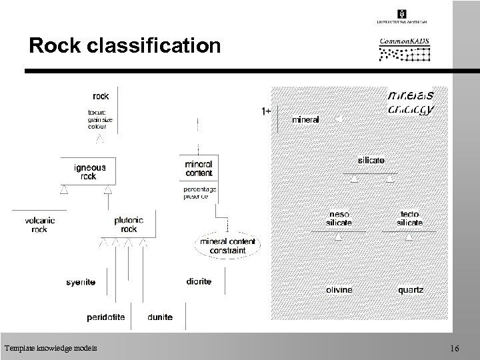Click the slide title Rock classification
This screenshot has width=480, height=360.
(x=124, y=45)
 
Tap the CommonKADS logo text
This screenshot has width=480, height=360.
(x=404, y=41)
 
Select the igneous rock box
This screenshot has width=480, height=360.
(x=89, y=171)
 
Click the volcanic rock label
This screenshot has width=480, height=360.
(x=40, y=225)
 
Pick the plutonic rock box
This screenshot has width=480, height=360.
(x=129, y=225)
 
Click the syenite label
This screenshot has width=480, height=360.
(x=81, y=282)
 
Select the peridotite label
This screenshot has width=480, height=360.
(x=106, y=317)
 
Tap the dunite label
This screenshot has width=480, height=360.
(x=160, y=317)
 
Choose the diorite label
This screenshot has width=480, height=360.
(x=199, y=282)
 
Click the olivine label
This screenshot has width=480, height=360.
(x=339, y=290)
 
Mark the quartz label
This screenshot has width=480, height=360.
(x=410, y=290)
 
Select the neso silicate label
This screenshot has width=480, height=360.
(x=339, y=217)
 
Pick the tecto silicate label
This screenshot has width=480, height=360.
(x=410, y=217)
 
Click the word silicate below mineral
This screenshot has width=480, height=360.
(x=371, y=161)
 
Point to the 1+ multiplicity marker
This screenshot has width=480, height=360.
(x=265, y=111)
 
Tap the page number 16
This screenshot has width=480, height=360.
(x=455, y=348)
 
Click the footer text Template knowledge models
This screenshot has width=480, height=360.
(x=50, y=348)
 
